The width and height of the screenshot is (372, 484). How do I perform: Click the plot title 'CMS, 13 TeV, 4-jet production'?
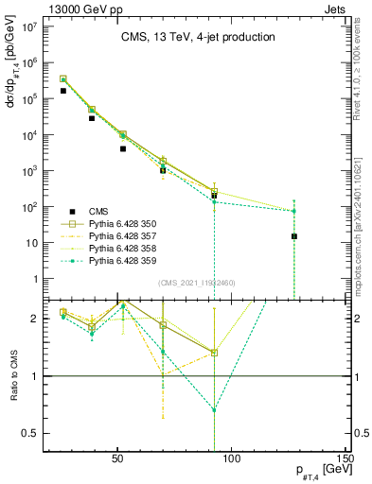[198, 38]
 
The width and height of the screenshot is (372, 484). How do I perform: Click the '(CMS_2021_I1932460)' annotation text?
[197, 283]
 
